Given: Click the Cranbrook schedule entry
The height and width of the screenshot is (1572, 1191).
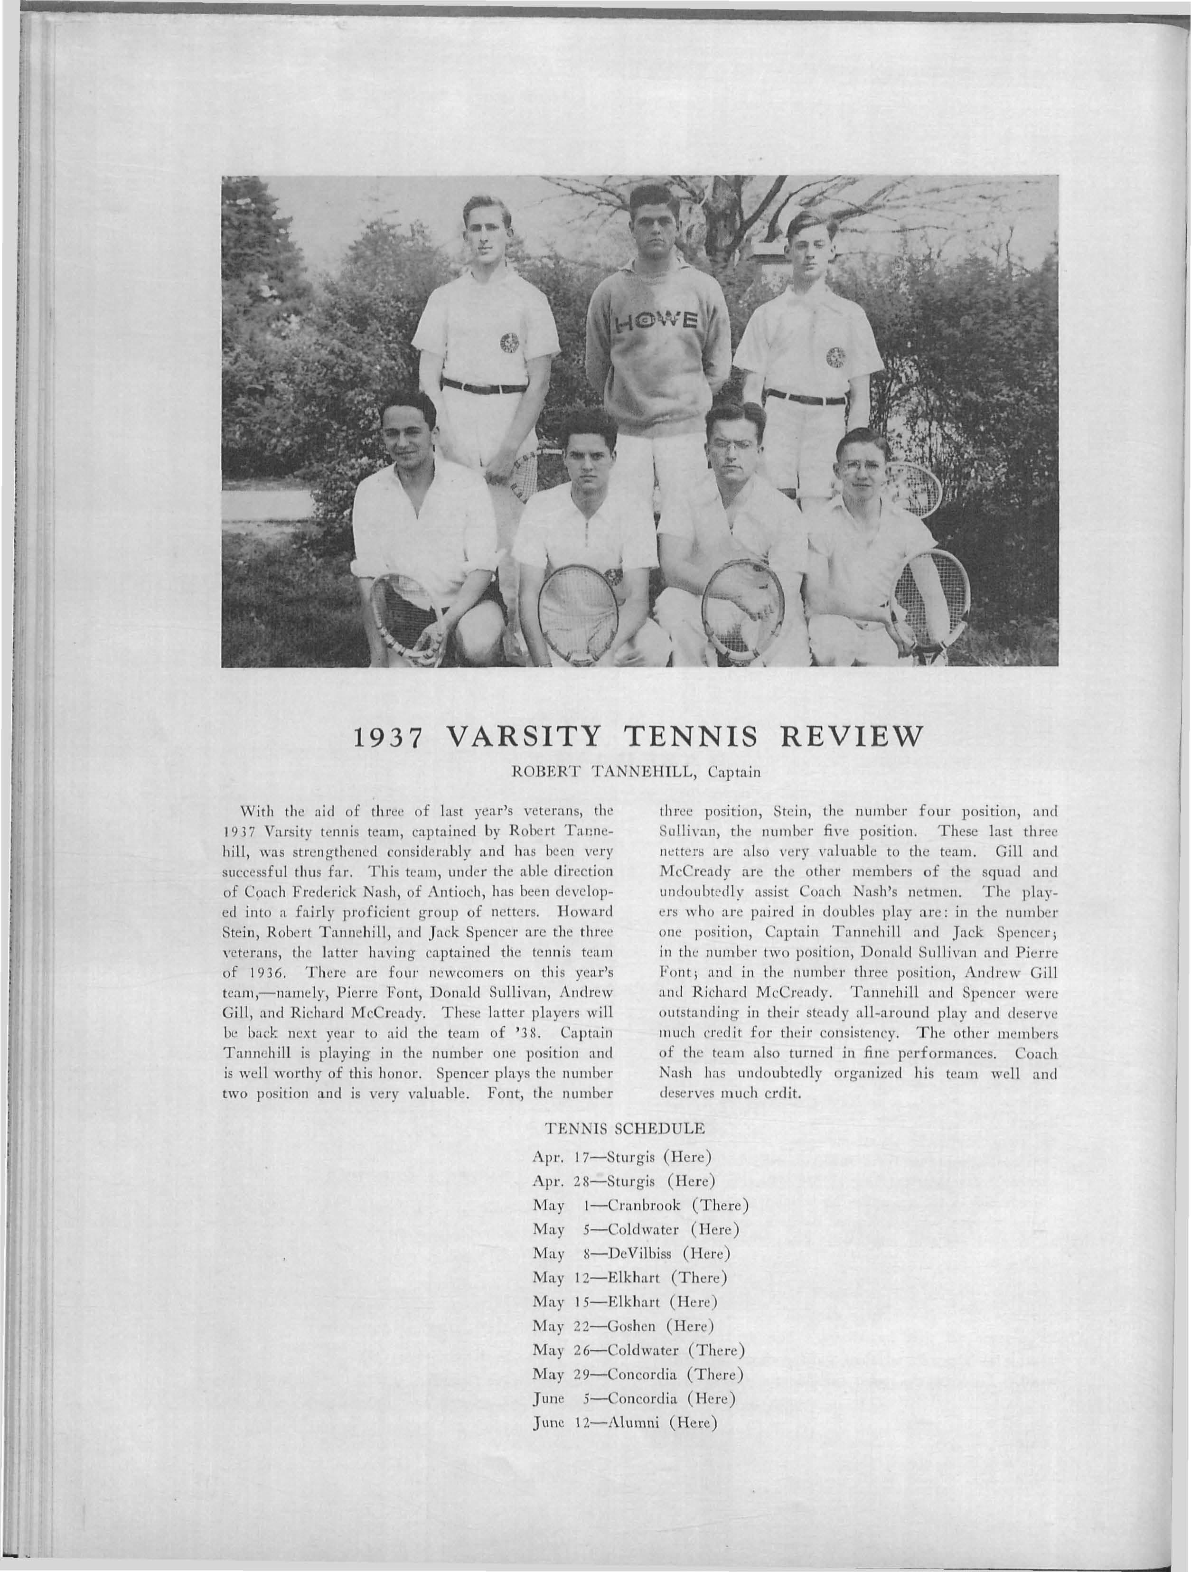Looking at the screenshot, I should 641,1205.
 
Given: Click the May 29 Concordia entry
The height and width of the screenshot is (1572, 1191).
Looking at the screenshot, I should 638,1375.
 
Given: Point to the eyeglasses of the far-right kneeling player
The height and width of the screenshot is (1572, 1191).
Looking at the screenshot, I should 860,466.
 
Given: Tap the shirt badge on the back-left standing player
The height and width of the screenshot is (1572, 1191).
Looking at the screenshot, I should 509,345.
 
